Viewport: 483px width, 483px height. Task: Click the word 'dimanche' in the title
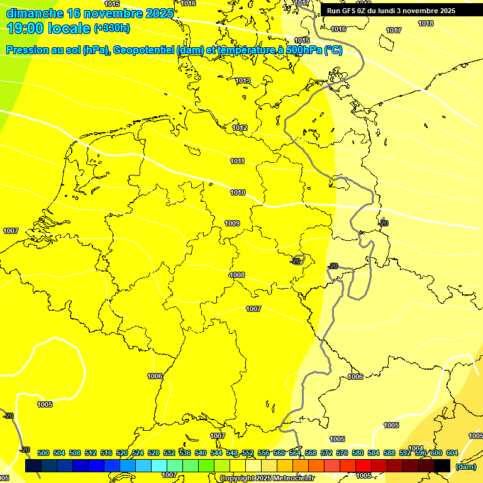pos(34,13)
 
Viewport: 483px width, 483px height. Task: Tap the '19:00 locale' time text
pos(48,28)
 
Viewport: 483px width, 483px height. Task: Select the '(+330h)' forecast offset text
pos(112,28)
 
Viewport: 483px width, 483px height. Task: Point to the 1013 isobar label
pos(243,80)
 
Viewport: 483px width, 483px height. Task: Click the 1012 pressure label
pos(240,128)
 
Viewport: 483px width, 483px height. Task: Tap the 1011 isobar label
pos(237,161)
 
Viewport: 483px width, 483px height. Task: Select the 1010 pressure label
pos(238,192)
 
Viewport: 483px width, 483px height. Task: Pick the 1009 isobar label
pos(232,223)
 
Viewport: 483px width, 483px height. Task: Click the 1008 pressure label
pos(237,275)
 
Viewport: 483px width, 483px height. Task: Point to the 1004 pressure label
pos(416,448)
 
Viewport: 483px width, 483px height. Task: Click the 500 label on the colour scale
pos(43,453)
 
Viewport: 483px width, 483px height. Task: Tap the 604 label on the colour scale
pos(452,453)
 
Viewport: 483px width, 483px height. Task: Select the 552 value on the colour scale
pos(248,453)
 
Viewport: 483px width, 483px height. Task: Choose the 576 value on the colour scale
pos(341,453)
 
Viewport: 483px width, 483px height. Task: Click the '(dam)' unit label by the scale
pos(465,467)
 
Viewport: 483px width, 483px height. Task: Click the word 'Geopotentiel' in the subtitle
pos(144,50)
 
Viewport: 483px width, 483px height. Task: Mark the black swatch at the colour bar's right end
pos(442,465)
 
